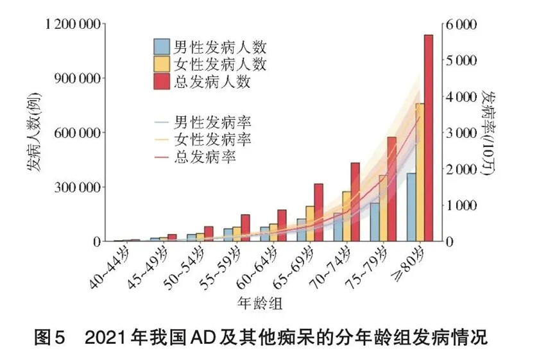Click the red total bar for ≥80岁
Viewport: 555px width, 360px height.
coord(428,138)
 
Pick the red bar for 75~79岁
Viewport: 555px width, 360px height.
coord(391,189)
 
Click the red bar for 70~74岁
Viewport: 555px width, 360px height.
coord(355,202)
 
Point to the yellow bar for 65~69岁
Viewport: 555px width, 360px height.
coord(309,224)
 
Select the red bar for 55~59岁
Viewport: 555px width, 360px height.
coord(245,228)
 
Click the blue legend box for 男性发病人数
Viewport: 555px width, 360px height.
coord(162,46)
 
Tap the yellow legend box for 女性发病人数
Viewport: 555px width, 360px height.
coord(162,64)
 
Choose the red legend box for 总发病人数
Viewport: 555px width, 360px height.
coord(162,82)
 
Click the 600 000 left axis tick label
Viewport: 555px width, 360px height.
coord(80,133)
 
